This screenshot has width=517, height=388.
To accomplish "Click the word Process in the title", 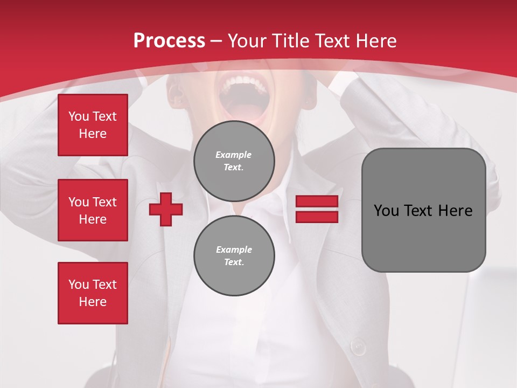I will tap(169, 41).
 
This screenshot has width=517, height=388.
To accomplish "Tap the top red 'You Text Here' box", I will tap(93, 125).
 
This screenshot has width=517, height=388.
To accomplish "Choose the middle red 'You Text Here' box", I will tap(93, 210).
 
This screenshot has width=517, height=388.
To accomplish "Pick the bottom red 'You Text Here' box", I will tap(93, 293).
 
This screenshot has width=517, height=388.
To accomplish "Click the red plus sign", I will tap(166, 209).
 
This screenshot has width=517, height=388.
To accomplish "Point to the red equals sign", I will tap(317, 209).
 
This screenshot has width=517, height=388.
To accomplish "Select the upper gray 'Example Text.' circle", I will tap(234, 161).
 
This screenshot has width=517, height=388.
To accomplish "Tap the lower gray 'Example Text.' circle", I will tap(234, 256).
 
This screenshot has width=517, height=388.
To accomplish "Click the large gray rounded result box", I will tap(423, 210).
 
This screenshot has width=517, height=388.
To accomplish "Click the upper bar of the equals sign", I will tap(317, 202).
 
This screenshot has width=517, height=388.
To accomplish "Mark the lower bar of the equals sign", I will tap(317, 217).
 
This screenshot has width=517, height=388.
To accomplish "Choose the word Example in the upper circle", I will tap(234, 155).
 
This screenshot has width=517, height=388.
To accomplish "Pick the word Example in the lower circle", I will tap(234, 250).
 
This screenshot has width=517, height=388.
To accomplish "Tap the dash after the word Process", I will tap(216, 41).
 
